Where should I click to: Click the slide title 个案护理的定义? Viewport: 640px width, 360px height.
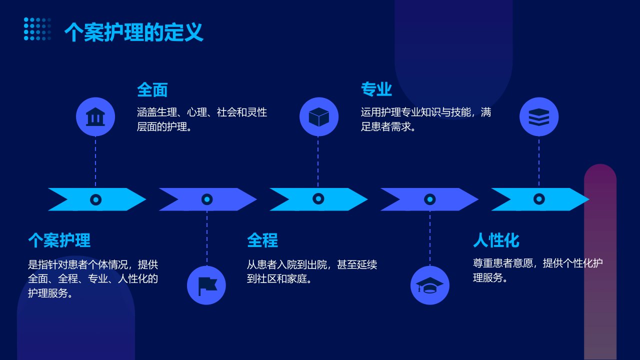(133, 32)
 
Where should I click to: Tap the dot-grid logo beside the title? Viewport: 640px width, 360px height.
(37, 29)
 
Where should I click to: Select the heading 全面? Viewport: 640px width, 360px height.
(152, 89)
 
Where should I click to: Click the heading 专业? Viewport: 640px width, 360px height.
(376, 89)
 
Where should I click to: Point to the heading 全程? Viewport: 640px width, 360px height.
(262, 240)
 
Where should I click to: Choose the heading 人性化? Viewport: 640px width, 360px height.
(496, 240)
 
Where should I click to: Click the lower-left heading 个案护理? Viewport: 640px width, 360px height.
(59, 240)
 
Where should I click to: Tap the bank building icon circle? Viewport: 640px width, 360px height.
(95, 116)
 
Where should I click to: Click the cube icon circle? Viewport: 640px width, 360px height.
(319, 116)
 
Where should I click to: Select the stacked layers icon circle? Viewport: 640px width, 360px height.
(539, 116)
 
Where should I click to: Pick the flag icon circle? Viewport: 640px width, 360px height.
(206, 285)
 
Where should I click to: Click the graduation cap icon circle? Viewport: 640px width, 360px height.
(429, 285)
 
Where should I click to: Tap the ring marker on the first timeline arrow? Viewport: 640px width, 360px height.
(95, 199)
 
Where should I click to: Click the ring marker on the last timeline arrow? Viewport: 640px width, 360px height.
(539, 199)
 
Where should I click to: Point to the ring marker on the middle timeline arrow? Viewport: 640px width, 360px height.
(318, 198)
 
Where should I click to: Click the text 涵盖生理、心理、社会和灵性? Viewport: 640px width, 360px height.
(202, 112)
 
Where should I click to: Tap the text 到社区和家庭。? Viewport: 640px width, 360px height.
(279, 278)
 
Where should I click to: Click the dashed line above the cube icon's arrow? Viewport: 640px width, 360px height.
(318, 162)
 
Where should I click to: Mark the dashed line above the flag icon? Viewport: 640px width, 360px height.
(207, 238)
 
